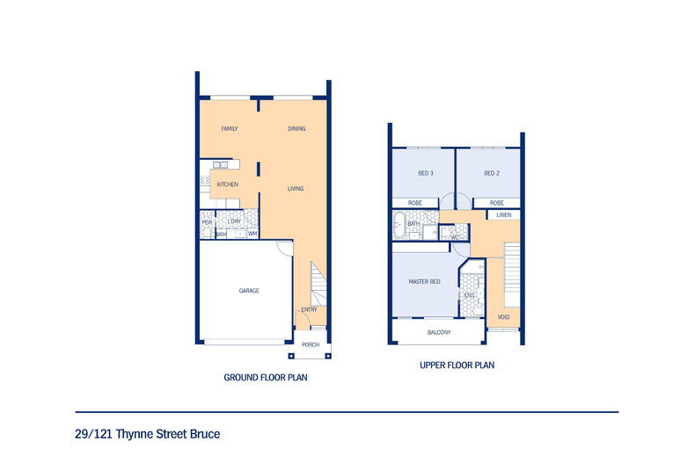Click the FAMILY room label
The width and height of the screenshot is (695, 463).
pyautogui.click(x=230, y=129)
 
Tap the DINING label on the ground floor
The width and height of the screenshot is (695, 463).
pyautogui.click(x=296, y=129)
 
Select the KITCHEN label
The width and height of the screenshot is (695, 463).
pyautogui.click(x=228, y=184)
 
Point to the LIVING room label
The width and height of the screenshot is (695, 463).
pyautogui.click(x=296, y=188)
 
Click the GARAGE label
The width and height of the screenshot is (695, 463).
pyautogui.click(x=249, y=290)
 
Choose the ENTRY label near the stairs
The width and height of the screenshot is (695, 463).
pyautogui.click(x=310, y=309)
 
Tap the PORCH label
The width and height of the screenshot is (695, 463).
pyautogui.click(x=311, y=344)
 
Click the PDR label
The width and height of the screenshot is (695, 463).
pyautogui.click(x=207, y=222)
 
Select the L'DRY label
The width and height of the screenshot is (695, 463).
pyautogui.click(x=234, y=221)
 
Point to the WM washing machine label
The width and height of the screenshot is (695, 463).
pyautogui.click(x=252, y=234)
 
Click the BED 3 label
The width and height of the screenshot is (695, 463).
pyautogui.click(x=425, y=173)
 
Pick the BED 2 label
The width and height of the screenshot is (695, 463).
pyautogui.click(x=492, y=173)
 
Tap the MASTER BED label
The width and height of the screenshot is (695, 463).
pyautogui.click(x=424, y=282)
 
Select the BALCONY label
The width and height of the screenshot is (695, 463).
pyautogui.click(x=439, y=332)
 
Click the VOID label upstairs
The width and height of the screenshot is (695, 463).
pyautogui.click(x=503, y=317)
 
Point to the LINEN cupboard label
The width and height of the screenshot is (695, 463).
pyautogui.click(x=504, y=214)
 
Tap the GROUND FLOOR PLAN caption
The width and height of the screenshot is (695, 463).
pyautogui.click(x=266, y=377)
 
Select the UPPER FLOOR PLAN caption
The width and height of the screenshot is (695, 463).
pyautogui.click(x=457, y=365)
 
